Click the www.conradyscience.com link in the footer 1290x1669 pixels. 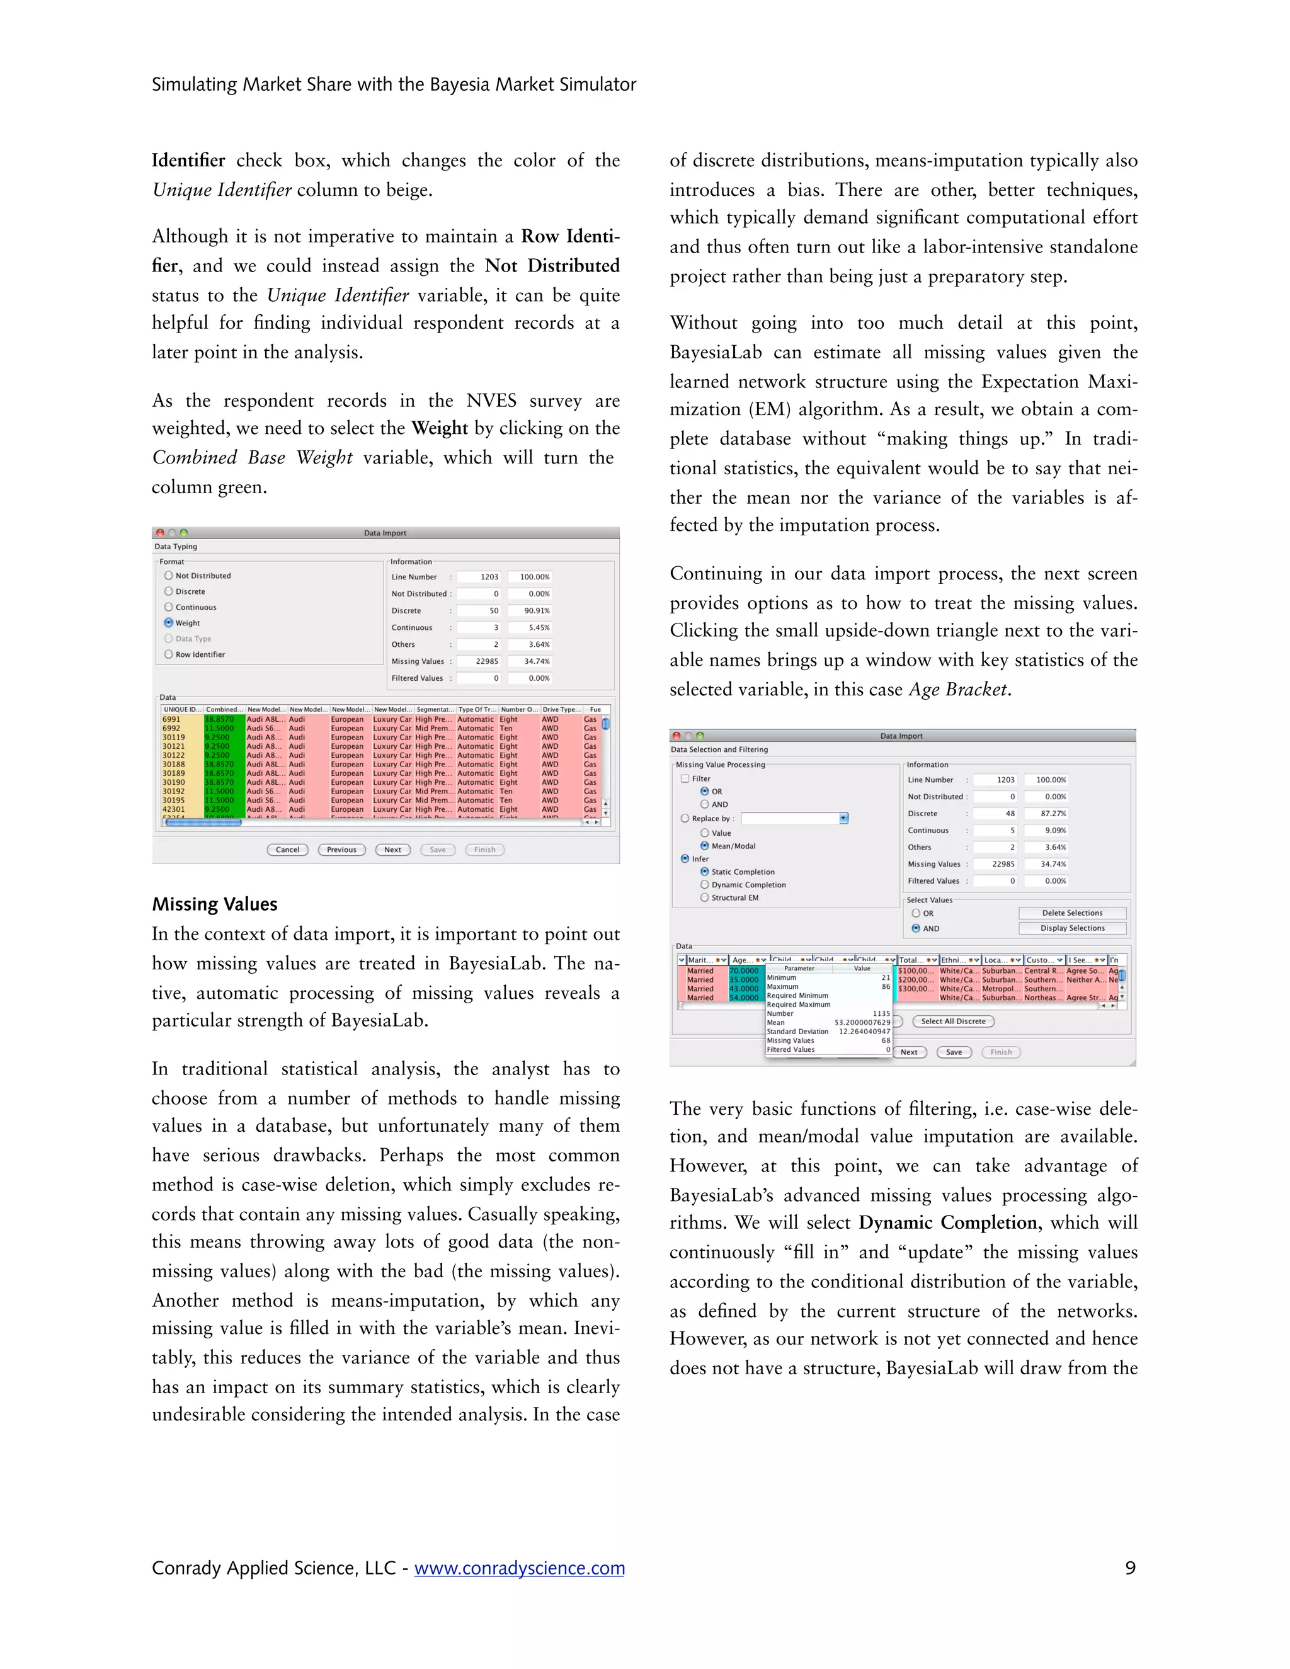519,1568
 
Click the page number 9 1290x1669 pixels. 1130,1568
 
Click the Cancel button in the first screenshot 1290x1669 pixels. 287,850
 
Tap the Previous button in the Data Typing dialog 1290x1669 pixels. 341,850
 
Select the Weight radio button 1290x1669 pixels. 169,623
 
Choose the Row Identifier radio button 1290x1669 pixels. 169,654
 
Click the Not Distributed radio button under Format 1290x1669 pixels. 169,576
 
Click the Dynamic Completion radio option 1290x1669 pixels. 705,885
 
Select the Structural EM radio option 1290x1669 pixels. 705,898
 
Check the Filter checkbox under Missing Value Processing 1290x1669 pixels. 685,778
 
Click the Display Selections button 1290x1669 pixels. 1072,928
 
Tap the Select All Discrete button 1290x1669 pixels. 953,1022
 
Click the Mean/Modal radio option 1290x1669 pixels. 705,846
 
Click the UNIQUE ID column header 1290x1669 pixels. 182,709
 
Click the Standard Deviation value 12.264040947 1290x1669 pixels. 864,1032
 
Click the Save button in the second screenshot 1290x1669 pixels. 954,1052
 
